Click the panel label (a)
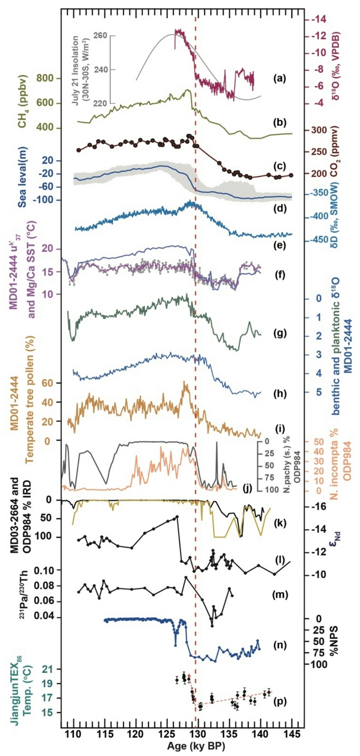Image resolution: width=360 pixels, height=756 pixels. point(280,78)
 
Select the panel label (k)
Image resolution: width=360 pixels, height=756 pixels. point(280,522)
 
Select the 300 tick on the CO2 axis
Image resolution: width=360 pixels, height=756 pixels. point(319,130)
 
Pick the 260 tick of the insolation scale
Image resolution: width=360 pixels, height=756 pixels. point(100,36)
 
